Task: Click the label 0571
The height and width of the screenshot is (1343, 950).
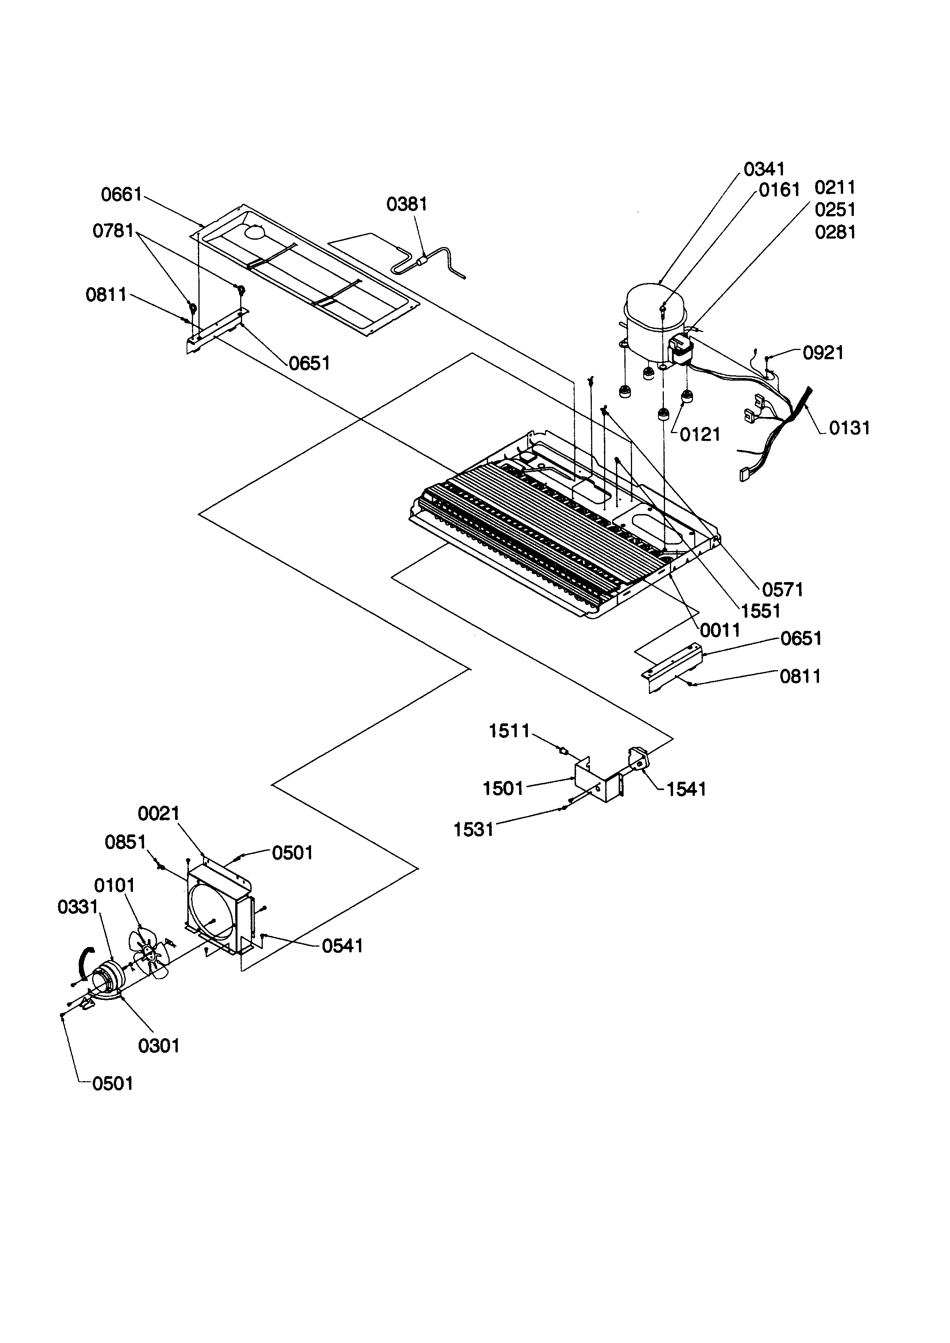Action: (783, 590)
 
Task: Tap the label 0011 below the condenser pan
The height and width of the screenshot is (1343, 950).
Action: (720, 631)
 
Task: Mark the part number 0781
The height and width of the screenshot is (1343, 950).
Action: (113, 231)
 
